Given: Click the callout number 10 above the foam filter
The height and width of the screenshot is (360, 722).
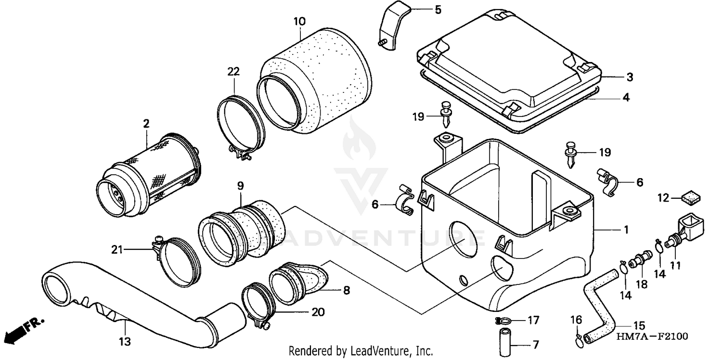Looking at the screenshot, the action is tap(299, 22).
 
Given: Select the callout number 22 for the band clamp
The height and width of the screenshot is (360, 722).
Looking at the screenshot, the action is tap(233, 72).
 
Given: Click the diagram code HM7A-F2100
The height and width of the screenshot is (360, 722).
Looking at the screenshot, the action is tap(653, 335).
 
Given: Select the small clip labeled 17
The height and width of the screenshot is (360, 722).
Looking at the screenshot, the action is tap(502, 321).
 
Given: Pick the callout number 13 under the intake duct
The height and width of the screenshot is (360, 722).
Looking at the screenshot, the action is tap(125, 342).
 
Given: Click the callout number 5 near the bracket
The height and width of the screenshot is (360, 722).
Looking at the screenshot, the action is tap(438, 9).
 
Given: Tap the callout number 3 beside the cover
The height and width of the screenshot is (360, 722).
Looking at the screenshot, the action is tap(630, 77).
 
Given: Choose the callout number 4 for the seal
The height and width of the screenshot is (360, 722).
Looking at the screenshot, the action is tap(626, 98).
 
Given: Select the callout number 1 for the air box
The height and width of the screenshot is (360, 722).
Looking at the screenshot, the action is tap(626, 230).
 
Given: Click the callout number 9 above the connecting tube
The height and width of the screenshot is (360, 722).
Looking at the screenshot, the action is tap(241, 185).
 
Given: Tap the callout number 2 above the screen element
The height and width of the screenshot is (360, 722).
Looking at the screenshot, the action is tap(146, 123).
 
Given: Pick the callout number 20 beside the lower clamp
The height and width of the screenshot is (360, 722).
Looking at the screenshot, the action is tap(318, 312).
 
